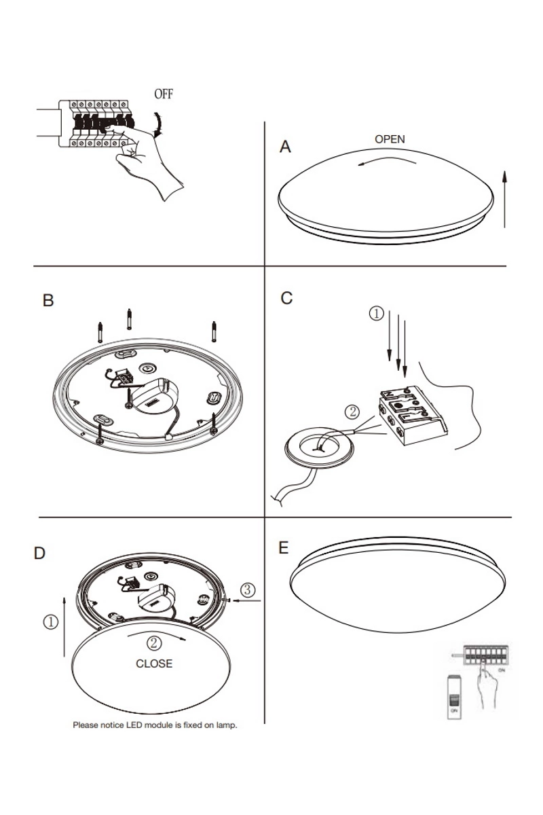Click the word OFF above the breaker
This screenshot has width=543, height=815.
[x=164, y=94]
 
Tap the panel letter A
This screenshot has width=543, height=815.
[x=286, y=147]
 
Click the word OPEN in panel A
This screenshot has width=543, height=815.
[x=390, y=139]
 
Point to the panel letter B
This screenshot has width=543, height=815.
[x=48, y=300]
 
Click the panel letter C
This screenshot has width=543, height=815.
[x=286, y=298]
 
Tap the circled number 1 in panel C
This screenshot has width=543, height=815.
[x=376, y=314]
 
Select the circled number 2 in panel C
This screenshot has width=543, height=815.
[x=352, y=411]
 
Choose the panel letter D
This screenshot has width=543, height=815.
[x=39, y=554]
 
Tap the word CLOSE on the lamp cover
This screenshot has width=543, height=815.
[x=154, y=664]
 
